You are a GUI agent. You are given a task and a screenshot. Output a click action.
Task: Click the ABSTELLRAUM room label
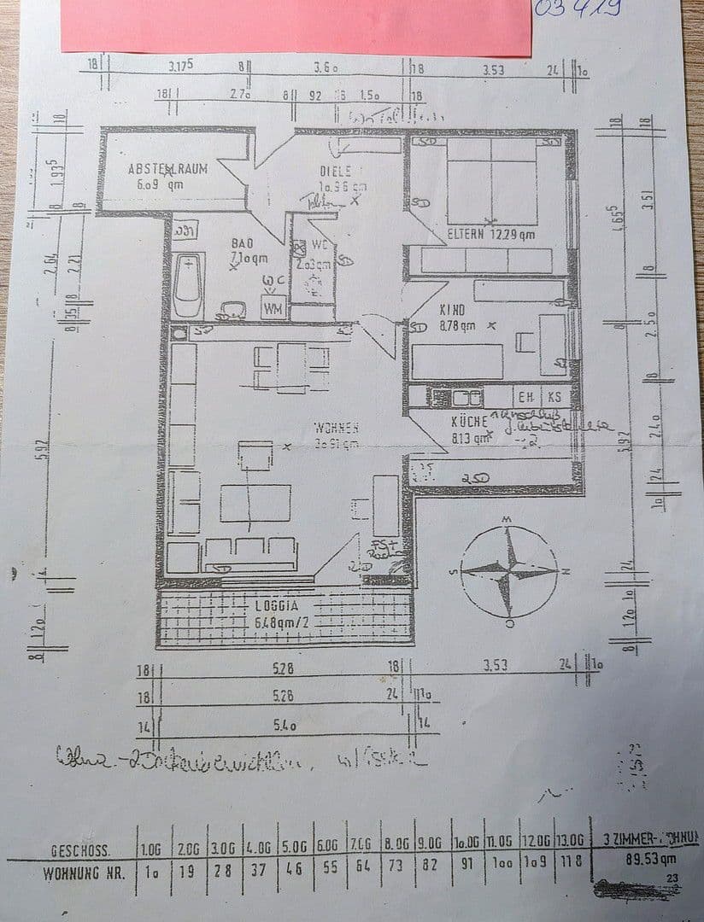click(x=167, y=169)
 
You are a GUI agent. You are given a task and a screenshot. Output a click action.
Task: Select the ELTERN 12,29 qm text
click(x=491, y=234)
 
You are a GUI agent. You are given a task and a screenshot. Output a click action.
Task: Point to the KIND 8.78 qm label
click(x=452, y=311)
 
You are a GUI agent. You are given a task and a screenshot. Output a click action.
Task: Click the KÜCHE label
click(x=469, y=421)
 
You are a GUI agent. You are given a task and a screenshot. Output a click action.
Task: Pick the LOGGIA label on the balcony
click(x=277, y=606)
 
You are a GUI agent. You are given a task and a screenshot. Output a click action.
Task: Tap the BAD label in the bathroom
click(x=243, y=244)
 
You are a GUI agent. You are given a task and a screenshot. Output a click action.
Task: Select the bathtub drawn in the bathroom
click(x=188, y=285)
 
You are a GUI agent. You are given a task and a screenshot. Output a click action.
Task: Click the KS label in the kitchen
click(x=554, y=397)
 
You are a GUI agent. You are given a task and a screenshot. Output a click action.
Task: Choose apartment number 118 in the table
click(x=573, y=874)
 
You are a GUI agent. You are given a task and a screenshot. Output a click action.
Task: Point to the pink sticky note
click(x=296, y=26)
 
